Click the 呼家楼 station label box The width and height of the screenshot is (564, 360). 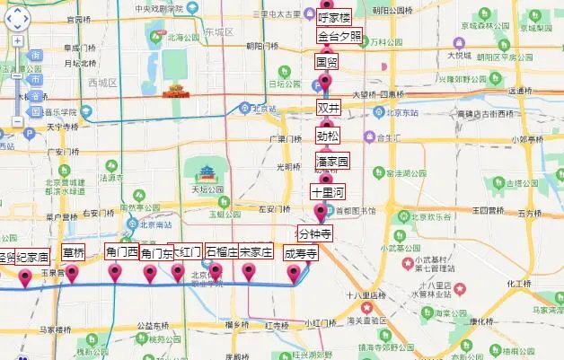coord(333,15)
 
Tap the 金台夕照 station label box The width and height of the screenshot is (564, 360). coord(339,37)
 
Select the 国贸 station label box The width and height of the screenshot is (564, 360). coord(327,62)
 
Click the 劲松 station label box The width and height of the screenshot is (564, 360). coord(328,136)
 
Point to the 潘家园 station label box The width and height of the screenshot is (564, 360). coord(332,162)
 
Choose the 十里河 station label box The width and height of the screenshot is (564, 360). coord(327,191)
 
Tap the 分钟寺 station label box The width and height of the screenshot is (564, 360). coord(315,233)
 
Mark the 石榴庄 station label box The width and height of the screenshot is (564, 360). coord(221,252)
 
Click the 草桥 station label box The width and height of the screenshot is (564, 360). coord(74,252)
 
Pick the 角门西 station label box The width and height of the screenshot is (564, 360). coord(121,252)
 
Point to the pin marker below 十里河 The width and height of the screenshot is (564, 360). coord(321,213)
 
